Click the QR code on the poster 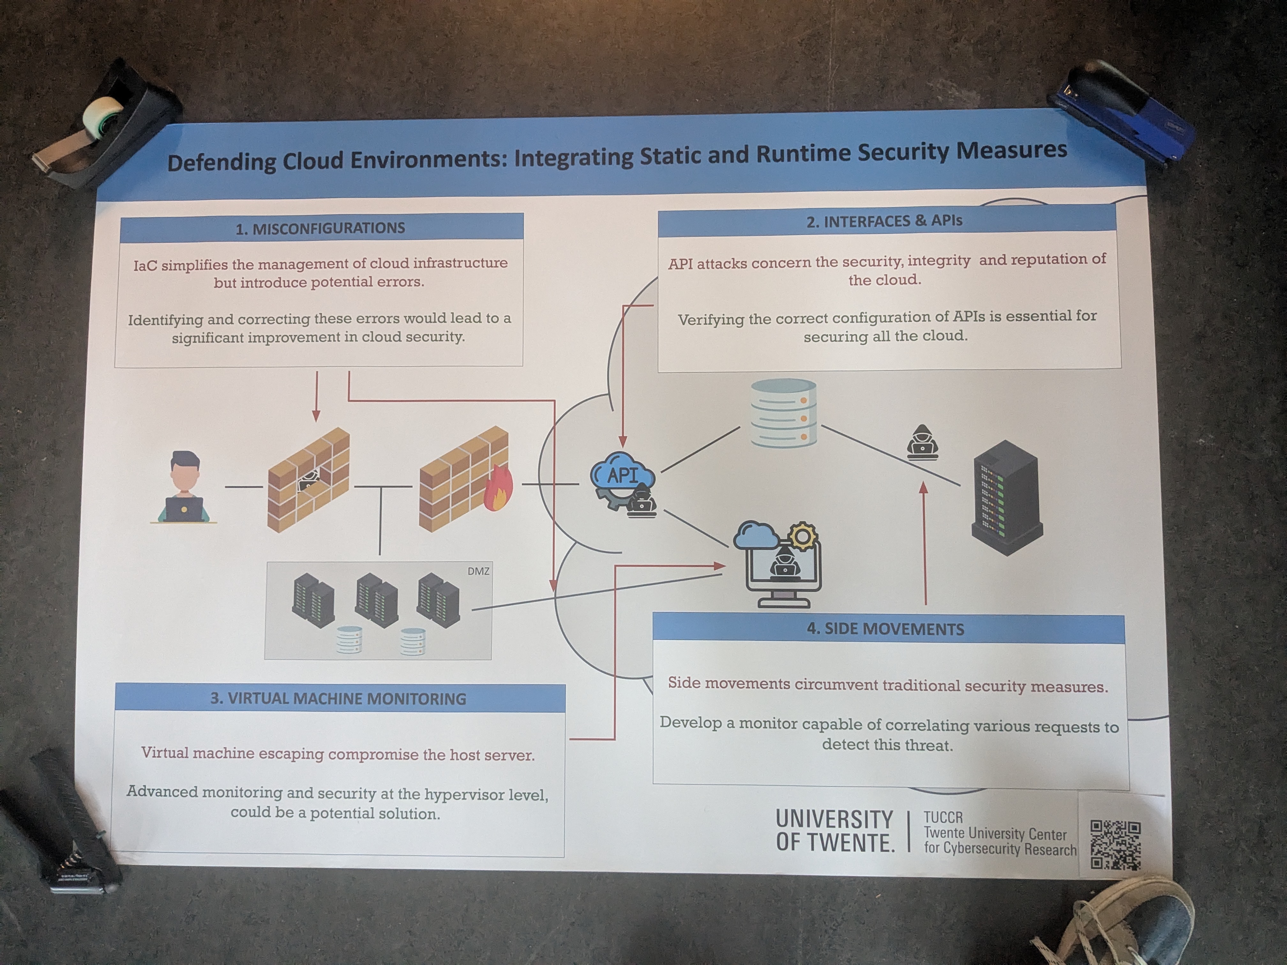(1115, 845)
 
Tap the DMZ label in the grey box (478, 571)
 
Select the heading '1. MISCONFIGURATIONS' (320, 228)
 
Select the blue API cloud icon (621, 476)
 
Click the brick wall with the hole (308, 480)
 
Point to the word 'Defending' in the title (222, 162)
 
